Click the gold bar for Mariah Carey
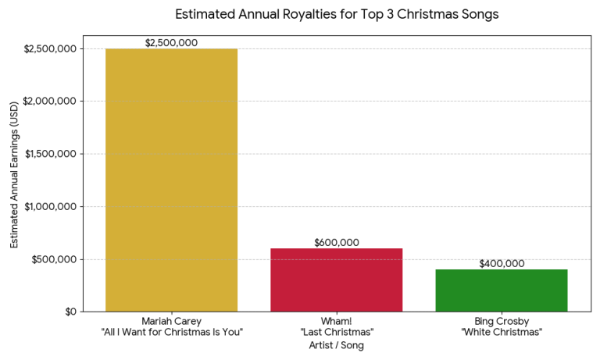pyautogui.click(x=171, y=180)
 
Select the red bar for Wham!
pyautogui.click(x=337, y=280)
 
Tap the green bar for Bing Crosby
pyautogui.click(x=502, y=290)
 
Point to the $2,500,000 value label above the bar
pyautogui.click(x=171, y=42)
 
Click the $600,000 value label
pyautogui.click(x=337, y=242)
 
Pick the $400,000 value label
pyautogui.click(x=502, y=263)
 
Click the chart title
pyautogui.click(x=337, y=14)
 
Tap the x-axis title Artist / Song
pyautogui.click(x=337, y=344)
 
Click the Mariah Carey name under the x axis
pyautogui.click(x=171, y=321)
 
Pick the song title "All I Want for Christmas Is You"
pyautogui.click(x=171, y=332)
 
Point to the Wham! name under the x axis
pyautogui.click(x=337, y=321)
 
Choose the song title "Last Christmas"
pyautogui.click(x=337, y=332)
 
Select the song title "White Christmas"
pyautogui.click(x=502, y=332)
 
